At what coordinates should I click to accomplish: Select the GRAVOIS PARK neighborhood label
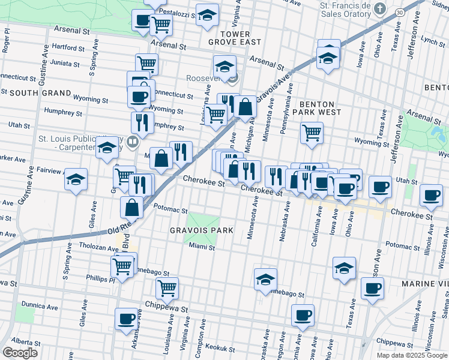click(x=201, y=231)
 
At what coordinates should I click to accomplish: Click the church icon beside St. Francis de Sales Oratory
click(x=379, y=9)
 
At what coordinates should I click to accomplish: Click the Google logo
click(x=20, y=353)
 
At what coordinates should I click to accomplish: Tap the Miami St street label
click(x=201, y=247)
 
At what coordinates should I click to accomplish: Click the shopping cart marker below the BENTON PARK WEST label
click(x=312, y=133)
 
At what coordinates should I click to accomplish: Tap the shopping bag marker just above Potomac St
click(x=131, y=207)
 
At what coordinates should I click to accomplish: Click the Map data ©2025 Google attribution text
click(x=411, y=355)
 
